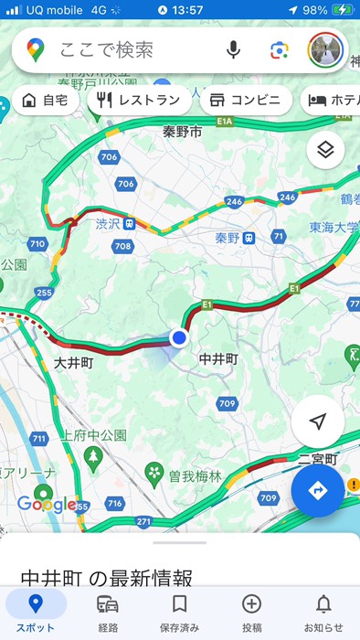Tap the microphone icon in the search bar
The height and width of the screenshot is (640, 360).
tap(234, 49)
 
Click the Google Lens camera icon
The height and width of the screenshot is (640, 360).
tap(279, 49)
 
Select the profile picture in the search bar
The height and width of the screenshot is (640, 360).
tap(324, 49)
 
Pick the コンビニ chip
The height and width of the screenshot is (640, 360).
tap(246, 101)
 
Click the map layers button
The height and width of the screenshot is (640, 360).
tap(325, 149)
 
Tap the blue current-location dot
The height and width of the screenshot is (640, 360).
tap(179, 338)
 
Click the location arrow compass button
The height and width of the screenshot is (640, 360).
tap(318, 421)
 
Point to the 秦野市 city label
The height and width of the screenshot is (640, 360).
tap(182, 132)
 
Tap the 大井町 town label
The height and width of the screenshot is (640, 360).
tap(74, 363)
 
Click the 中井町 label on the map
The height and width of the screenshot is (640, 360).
tap(217, 359)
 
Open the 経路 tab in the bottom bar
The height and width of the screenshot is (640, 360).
tap(108, 612)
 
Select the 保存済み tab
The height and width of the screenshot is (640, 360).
tap(180, 612)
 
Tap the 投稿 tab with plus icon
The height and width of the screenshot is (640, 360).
tap(251, 612)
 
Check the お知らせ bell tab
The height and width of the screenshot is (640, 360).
tap(323, 612)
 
